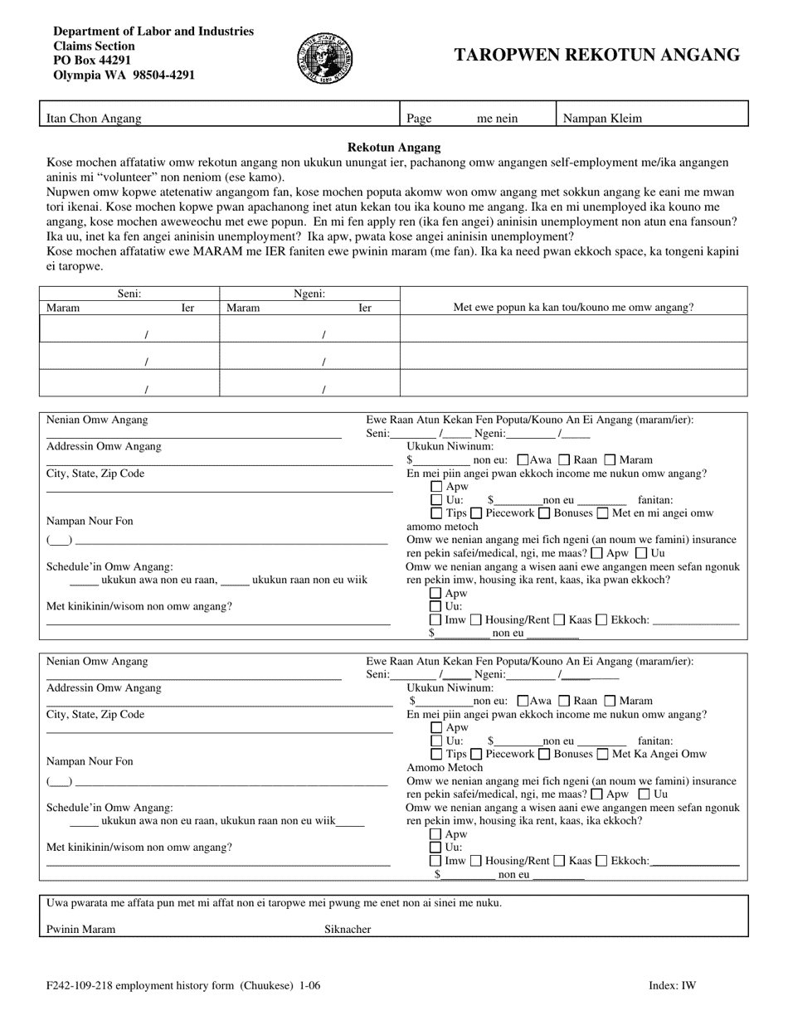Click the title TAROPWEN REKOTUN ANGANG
[596, 56]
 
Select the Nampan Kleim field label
[602, 119]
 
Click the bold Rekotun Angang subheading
[394, 146]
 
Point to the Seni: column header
[129, 294]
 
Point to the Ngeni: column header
[309, 294]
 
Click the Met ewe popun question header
[573, 307]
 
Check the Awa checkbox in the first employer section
[523, 460]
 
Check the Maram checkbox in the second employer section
[610, 701]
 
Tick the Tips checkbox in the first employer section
[436, 513]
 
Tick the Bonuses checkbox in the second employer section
[545, 754]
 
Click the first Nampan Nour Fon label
[90, 521]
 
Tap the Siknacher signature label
[348, 929]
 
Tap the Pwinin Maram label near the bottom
[81, 929]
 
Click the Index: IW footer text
[672, 986]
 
